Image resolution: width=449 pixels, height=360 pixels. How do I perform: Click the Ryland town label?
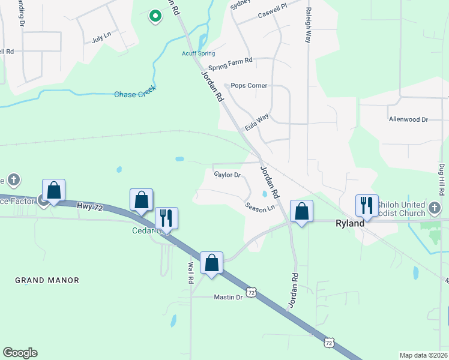349,223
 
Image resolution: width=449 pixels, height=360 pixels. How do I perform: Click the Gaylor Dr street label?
228,175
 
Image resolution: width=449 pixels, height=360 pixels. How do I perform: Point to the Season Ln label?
259,207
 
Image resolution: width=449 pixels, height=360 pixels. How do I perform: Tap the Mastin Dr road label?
228,297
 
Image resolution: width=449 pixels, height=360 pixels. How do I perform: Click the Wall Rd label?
191,268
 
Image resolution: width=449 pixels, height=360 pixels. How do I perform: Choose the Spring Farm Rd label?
230,61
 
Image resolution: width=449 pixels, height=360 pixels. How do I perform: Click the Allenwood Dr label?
408,119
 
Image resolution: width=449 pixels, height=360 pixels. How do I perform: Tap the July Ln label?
101,37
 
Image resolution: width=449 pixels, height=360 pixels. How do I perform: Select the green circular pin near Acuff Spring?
155,16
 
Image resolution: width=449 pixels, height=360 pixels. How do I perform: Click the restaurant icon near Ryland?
367,206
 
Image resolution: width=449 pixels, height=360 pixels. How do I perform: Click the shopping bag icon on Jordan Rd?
301,211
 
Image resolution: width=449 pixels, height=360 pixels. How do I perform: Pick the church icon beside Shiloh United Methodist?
435,208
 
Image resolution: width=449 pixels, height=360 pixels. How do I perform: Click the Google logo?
20,353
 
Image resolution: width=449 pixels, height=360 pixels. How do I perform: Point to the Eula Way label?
256,123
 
